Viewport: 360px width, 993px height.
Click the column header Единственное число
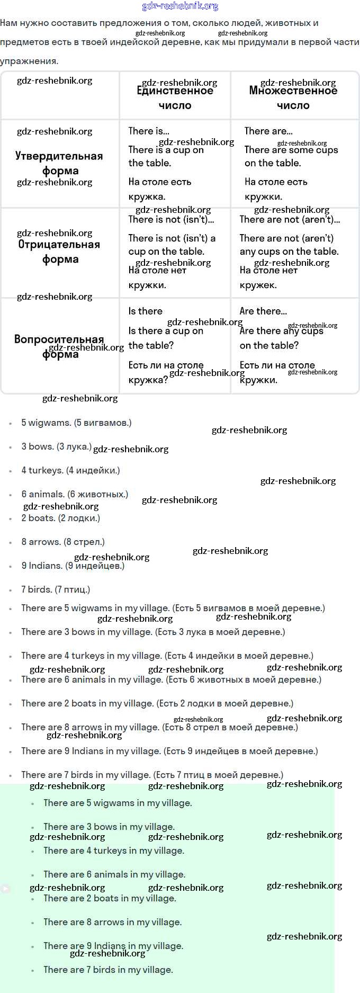tap(175, 97)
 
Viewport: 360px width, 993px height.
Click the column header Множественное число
tap(293, 97)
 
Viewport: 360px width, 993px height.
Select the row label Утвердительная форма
tap(60, 163)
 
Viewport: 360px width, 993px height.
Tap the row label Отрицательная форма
tap(60, 252)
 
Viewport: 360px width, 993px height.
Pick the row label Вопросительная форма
tap(59, 346)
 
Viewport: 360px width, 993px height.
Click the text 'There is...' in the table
tap(149, 131)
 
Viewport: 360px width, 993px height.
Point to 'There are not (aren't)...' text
tap(290, 219)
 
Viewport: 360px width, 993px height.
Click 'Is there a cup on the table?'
tap(166, 338)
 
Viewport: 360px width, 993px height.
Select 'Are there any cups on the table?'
tap(281, 338)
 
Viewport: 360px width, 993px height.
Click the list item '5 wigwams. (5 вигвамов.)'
tap(76, 423)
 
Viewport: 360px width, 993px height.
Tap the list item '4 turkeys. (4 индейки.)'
tap(70, 470)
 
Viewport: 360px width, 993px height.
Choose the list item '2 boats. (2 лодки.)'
tap(60, 518)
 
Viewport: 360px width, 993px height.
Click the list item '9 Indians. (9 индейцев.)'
tap(73, 566)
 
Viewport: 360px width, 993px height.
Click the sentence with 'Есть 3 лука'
tap(153, 632)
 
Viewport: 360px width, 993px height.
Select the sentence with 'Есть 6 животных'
tap(171, 679)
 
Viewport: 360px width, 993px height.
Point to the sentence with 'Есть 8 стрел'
tap(159, 727)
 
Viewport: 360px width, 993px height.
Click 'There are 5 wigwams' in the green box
tap(118, 803)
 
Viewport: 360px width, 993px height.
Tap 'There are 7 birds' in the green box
tap(108, 970)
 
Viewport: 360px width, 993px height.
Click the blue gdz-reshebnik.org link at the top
tap(180, 6)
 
